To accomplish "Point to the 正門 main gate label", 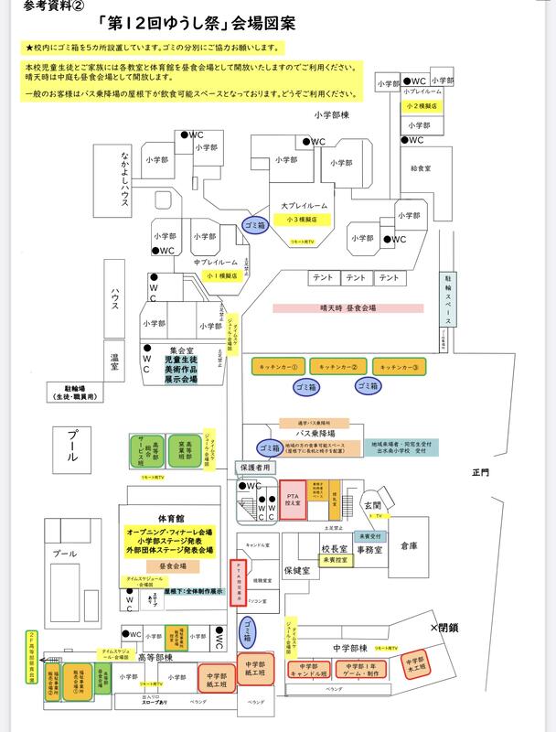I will click(481, 472).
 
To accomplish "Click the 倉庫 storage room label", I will click(408, 546).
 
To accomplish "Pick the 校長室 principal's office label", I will click(335, 549).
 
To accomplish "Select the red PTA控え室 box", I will click(294, 501).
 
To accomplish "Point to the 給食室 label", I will click(421, 169).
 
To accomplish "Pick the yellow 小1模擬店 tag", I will click(221, 274).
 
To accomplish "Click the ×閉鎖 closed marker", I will click(444, 629).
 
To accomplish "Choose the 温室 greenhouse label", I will click(115, 364).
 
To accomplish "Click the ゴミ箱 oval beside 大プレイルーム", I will click(252, 224).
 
